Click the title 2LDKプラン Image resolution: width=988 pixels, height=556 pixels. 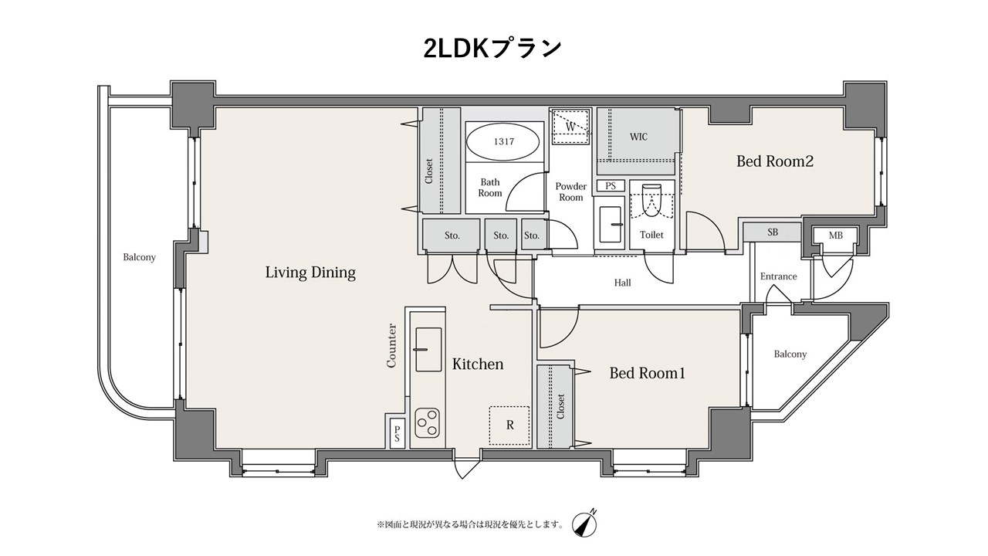point(492,49)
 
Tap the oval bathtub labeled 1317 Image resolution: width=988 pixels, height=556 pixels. point(503,142)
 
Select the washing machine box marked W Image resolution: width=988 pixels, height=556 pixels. point(570,127)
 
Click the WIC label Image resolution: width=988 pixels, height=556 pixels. point(638,137)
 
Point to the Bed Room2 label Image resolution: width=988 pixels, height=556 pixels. point(775,161)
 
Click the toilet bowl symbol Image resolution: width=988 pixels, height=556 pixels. point(652,201)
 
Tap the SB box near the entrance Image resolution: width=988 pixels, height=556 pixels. point(773,232)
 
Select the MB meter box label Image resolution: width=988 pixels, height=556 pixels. point(835,236)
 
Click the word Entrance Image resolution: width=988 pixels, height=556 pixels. point(779,276)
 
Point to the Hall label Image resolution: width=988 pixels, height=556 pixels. point(622,283)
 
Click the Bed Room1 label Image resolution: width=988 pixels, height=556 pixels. point(648,373)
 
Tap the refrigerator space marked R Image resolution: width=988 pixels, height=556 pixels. point(509,425)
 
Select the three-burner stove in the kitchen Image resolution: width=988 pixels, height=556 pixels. point(427,422)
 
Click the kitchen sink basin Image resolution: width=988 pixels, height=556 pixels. point(428,350)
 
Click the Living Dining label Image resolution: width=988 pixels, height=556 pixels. point(310,273)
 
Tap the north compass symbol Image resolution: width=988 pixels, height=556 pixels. point(585,524)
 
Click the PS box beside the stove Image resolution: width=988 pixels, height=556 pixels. point(397,433)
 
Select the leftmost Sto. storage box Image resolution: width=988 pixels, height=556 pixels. point(452,235)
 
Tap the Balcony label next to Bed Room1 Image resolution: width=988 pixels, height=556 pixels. point(790,354)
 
